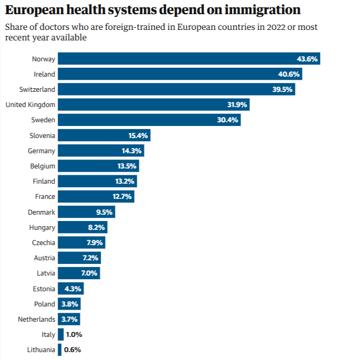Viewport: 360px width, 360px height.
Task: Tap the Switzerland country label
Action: point(37,90)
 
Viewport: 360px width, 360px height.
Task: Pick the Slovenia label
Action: point(43,135)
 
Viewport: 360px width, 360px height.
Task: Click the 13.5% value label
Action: point(127,166)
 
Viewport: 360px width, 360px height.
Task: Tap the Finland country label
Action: point(44,182)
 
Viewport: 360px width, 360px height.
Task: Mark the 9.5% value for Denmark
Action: point(103,212)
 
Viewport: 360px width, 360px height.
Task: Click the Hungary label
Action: point(43,227)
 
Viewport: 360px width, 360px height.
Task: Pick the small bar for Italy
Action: point(61,334)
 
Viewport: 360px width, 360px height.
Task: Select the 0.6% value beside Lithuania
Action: point(73,350)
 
